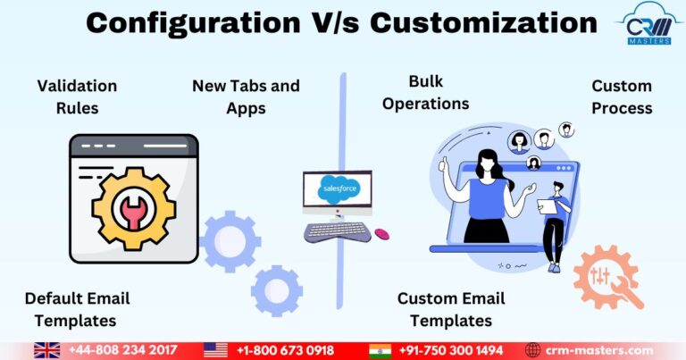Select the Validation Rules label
coord(77,96)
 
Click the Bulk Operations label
coord(425,93)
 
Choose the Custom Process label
coord(622,96)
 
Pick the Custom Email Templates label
coord(451,308)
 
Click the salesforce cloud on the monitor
coord(338,189)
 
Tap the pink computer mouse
coord(381,234)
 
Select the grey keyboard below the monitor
coord(338,232)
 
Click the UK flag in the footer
coord(46,350)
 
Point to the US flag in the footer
coord(215,350)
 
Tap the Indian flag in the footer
coord(381,350)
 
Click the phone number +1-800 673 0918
coord(285,350)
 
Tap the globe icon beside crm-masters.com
coord(533,350)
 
